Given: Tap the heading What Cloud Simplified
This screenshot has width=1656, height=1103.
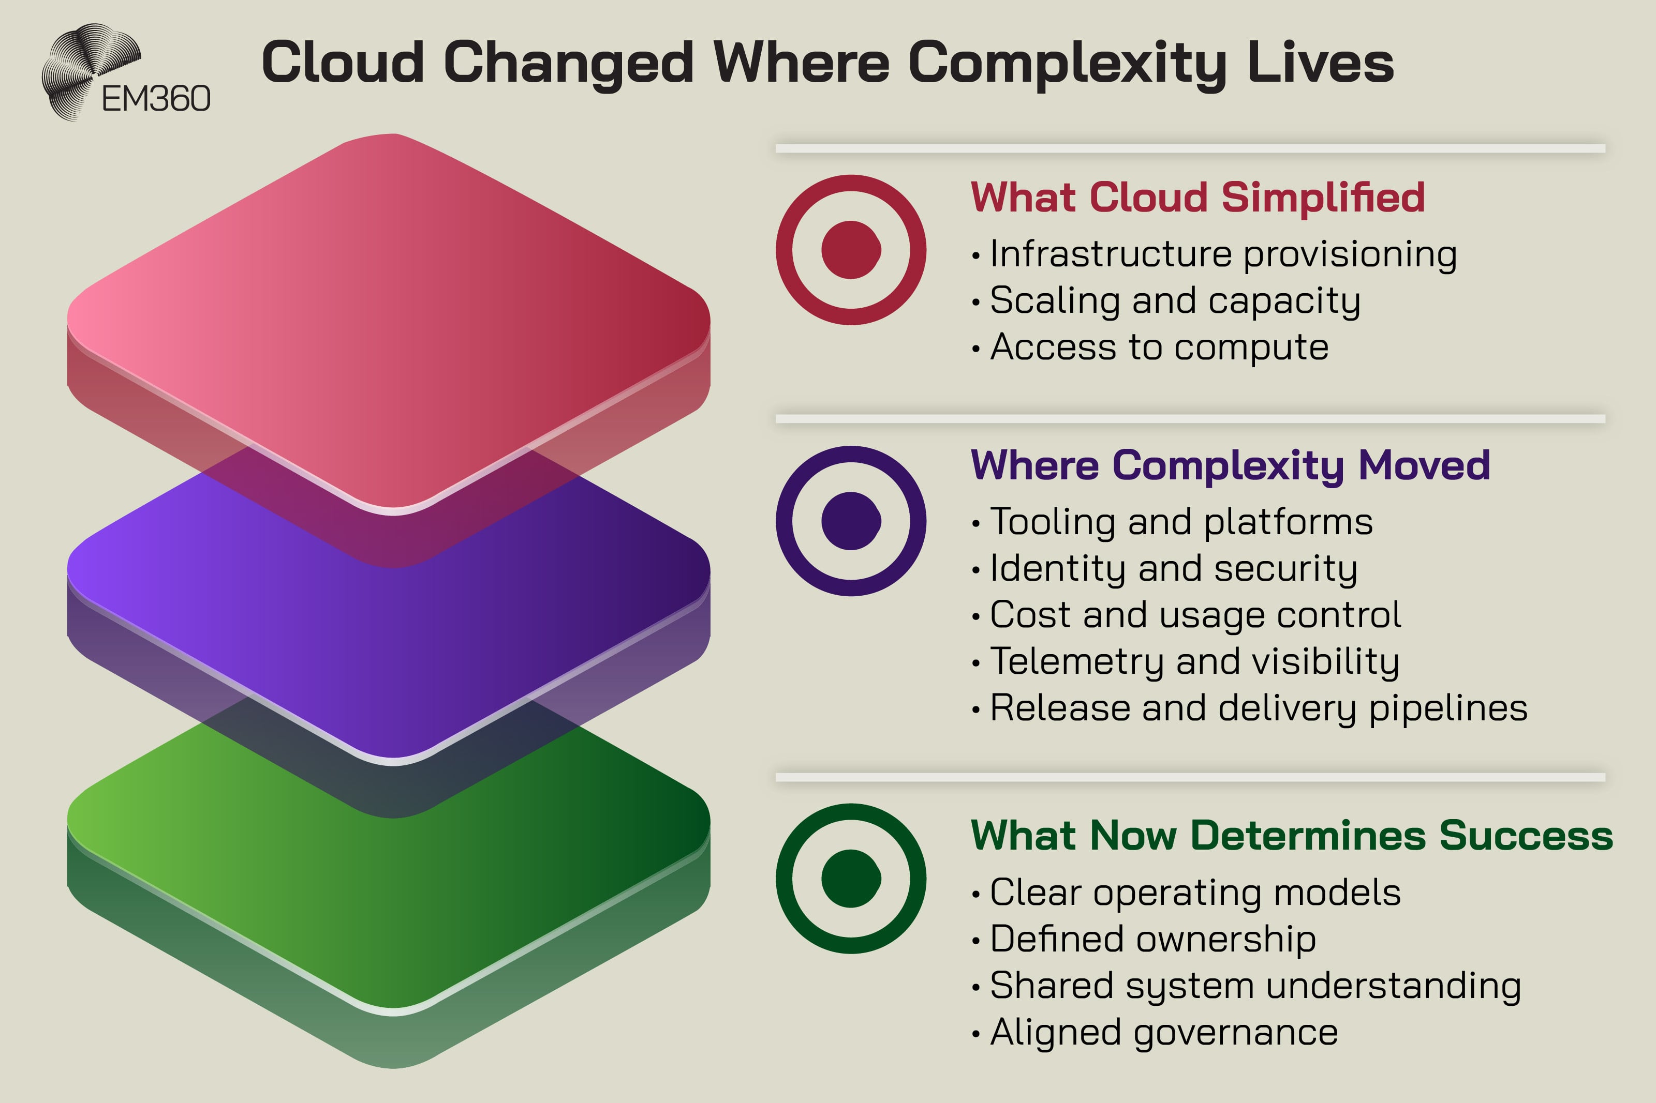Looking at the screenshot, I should (x=1197, y=197).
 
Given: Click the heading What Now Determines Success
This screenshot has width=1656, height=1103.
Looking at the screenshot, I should (x=1292, y=836).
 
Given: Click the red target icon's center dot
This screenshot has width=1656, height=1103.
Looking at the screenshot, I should (x=851, y=250).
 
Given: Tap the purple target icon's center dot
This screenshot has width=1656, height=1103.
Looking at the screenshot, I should (x=851, y=521).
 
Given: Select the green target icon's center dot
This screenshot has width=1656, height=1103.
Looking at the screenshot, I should (x=851, y=879).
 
